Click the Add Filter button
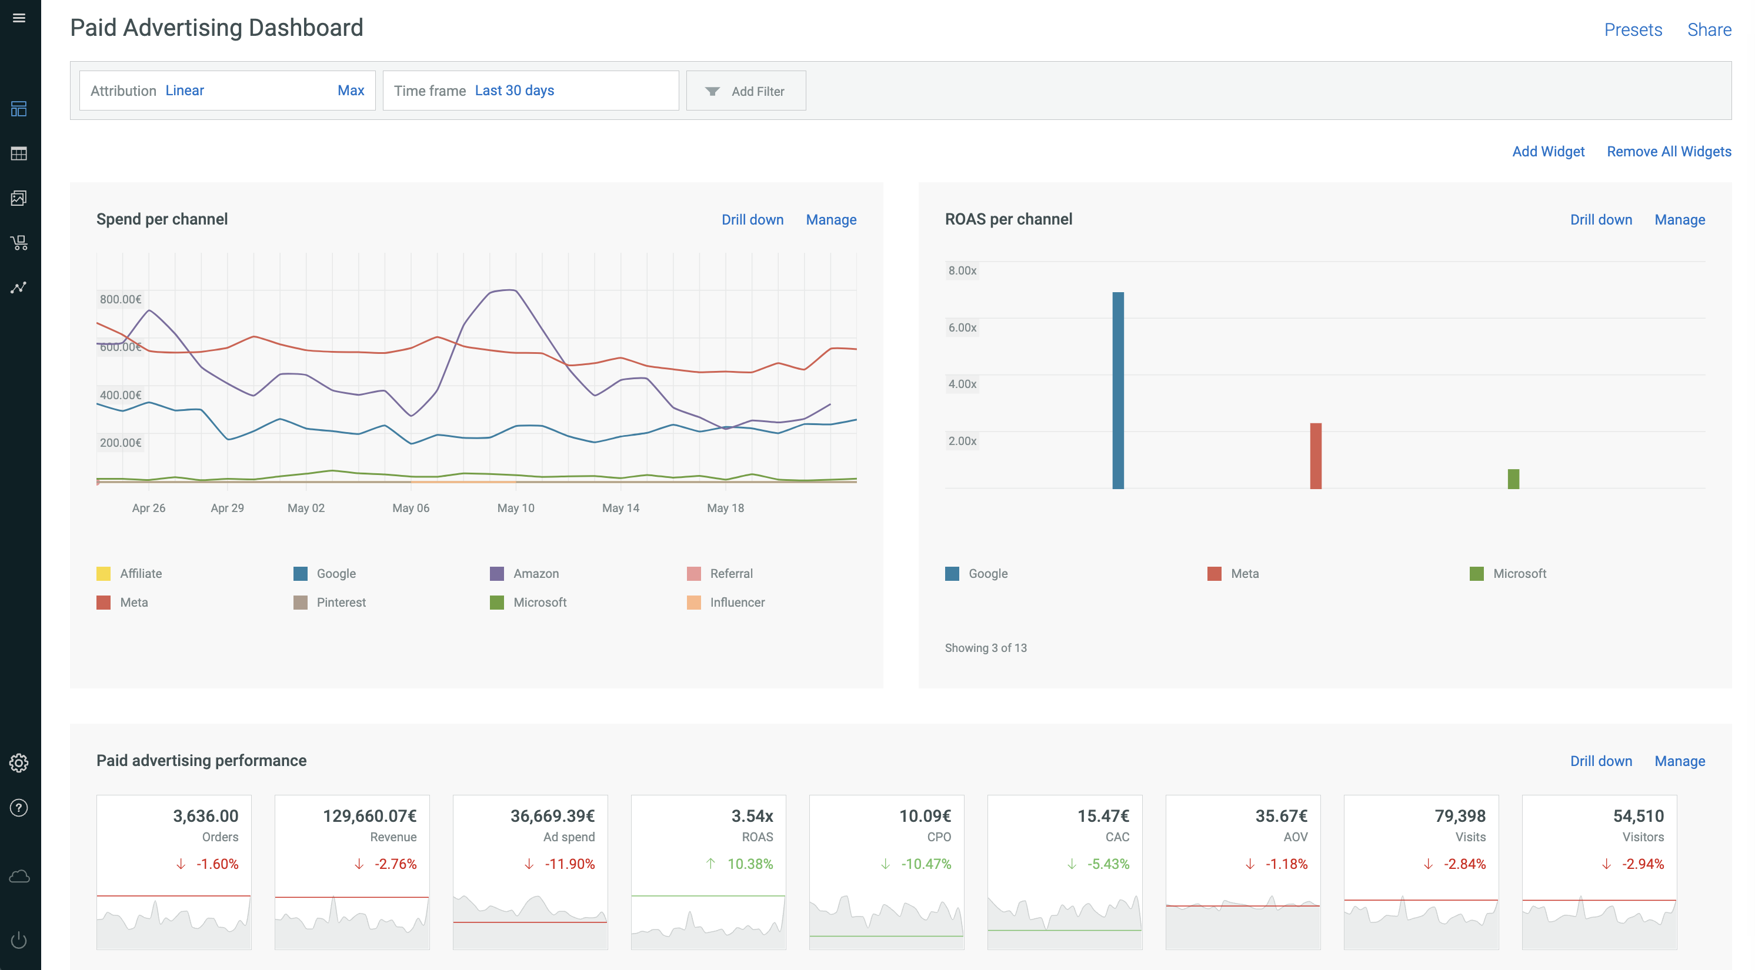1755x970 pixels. point(746,91)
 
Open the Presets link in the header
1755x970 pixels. point(1633,30)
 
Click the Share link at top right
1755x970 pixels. point(1709,30)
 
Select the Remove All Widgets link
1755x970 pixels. point(1669,151)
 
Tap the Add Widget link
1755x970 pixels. point(1549,151)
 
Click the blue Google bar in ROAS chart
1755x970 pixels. point(1118,390)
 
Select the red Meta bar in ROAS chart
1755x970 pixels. point(1316,456)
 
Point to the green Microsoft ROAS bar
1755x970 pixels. point(1513,479)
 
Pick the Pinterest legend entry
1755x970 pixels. point(330,602)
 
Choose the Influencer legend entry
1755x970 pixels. point(726,602)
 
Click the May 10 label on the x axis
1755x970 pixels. point(516,508)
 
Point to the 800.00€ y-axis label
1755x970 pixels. point(121,299)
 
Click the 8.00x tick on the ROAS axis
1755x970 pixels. point(962,270)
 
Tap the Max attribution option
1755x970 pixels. point(351,91)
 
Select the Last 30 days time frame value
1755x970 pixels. point(515,91)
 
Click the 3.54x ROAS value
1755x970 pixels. point(752,816)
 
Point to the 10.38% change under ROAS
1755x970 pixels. point(750,864)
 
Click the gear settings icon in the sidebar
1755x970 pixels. point(19,763)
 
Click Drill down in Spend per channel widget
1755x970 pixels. point(753,219)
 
